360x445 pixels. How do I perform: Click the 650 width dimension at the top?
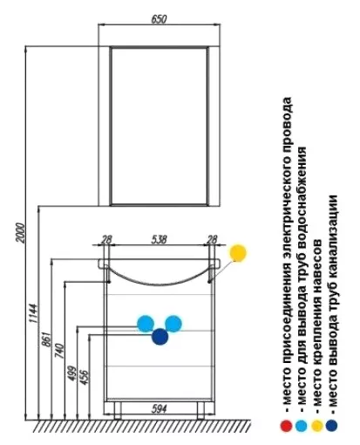[159, 19]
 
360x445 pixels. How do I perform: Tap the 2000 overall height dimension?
[20, 232]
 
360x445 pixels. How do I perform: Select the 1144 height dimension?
[33, 313]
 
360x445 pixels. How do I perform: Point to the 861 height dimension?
[46, 339]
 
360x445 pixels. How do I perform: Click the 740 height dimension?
[59, 351]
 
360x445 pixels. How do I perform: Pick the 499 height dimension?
[71, 373]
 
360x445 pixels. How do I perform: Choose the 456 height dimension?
[84, 377]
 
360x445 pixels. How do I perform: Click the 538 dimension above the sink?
[159, 239]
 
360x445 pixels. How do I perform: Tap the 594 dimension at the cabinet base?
[160, 409]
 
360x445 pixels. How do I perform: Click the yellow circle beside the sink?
[238, 253]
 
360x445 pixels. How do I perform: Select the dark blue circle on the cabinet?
[160, 337]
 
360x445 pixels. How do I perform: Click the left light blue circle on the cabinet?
[146, 324]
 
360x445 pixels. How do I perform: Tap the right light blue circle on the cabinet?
[173, 324]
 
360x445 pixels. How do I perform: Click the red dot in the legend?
[286, 426]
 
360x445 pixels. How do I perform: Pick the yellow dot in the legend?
[316, 426]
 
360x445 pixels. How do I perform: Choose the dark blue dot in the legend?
[331, 426]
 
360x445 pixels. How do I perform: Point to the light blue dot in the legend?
[301, 426]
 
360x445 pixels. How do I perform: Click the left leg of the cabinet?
[118, 410]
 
